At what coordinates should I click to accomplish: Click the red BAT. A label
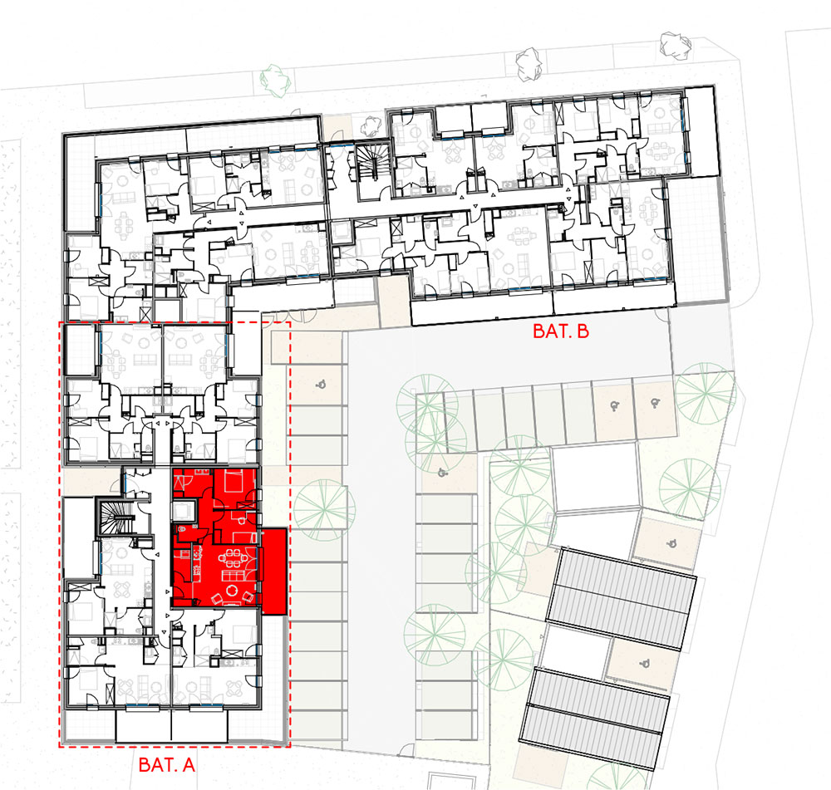coord(166,764)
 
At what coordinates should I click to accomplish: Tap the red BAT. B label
coord(561,331)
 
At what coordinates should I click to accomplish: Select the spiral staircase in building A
coord(116,517)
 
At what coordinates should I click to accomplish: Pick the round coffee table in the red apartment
coord(232,591)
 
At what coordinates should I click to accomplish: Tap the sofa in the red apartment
coord(233,575)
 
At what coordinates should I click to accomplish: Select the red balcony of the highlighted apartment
coord(274,572)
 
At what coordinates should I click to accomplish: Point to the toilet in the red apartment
coord(181,529)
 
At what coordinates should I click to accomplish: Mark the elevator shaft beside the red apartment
coord(184,510)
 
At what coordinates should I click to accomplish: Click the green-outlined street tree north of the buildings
coord(276,81)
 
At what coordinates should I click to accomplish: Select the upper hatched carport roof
coord(621,599)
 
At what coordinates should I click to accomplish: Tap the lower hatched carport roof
coord(594,719)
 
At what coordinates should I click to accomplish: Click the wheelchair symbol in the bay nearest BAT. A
coord(320,384)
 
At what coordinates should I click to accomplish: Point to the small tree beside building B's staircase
coord(371,126)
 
